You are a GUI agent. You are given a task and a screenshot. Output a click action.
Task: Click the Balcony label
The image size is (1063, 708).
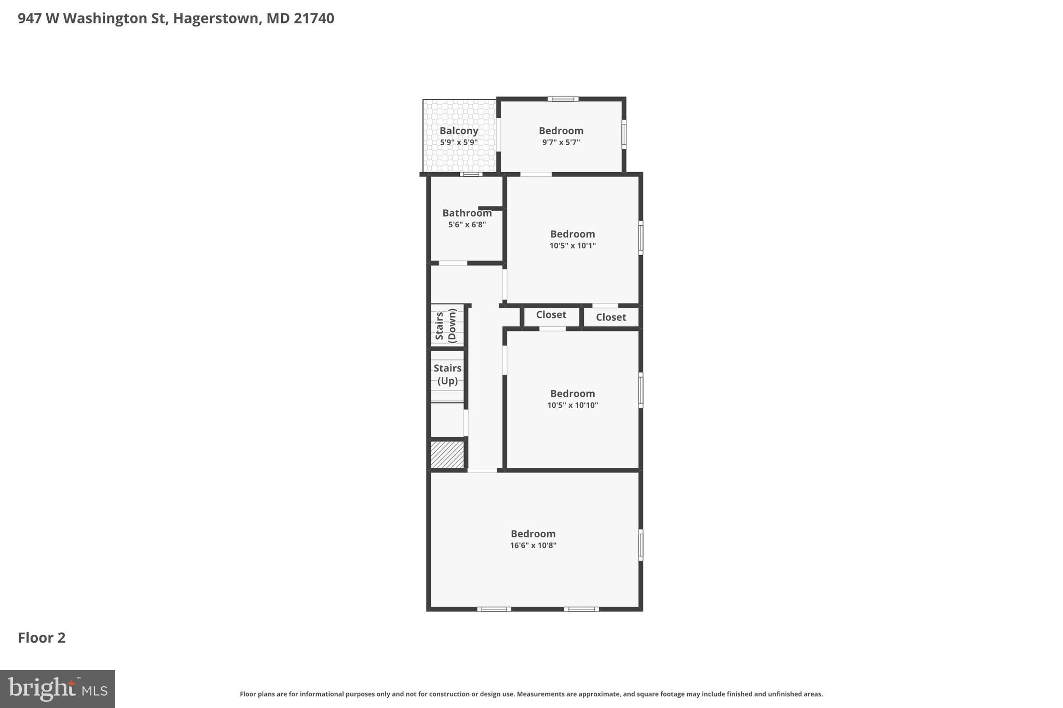pyautogui.click(x=458, y=131)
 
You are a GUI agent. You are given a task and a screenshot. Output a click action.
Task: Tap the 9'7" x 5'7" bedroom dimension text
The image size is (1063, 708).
pyautogui.click(x=561, y=142)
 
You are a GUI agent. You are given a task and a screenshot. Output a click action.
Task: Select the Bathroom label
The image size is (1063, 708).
pyautogui.click(x=467, y=213)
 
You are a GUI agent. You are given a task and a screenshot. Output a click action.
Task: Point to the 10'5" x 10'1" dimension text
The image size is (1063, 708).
pyautogui.click(x=573, y=246)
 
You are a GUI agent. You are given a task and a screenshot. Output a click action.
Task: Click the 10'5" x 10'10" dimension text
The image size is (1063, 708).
pyautogui.click(x=573, y=405)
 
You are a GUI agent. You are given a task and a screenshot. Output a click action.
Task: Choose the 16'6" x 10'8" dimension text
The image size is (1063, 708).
pyautogui.click(x=533, y=545)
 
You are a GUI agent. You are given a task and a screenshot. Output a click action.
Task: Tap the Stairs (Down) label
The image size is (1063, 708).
pyautogui.click(x=446, y=326)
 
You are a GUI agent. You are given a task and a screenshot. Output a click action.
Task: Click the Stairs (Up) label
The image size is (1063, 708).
pyautogui.click(x=447, y=374)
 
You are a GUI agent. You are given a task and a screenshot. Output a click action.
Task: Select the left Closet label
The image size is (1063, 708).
pyautogui.click(x=551, y=315)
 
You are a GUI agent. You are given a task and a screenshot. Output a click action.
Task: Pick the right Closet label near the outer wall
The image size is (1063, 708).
pyautogui.click(x=610, y=317)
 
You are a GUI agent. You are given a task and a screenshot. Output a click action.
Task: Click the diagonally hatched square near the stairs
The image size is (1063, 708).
pyautogui.click(x=447, y=455)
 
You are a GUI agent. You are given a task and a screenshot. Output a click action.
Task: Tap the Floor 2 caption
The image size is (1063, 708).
pyautogui.click(x=42, y=637)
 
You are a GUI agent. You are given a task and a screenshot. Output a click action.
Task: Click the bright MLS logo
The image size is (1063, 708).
pyautogui.click(x=58, y=689)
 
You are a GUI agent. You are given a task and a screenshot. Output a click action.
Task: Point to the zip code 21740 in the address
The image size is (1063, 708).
pyautogui.click(x=314, y=19)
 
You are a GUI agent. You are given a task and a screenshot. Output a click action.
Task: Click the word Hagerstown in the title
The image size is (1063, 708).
pyautogui.click(x=215, y=19)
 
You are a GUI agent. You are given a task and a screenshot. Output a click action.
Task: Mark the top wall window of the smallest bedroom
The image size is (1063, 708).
pyautogui.click(x=563, y=99)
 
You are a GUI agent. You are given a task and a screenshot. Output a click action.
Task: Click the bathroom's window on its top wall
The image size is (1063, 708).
pyautogui.click(x=471, y=174)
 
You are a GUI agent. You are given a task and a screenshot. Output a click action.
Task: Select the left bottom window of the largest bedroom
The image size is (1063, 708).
pyautogui.click(x=494, y=609)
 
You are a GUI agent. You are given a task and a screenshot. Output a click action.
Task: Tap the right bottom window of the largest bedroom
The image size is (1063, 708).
pyautogui.click(x=581, y=609)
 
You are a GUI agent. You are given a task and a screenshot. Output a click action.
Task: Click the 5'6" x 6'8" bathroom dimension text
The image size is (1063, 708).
pyautogui.click(x=467, y=225)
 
